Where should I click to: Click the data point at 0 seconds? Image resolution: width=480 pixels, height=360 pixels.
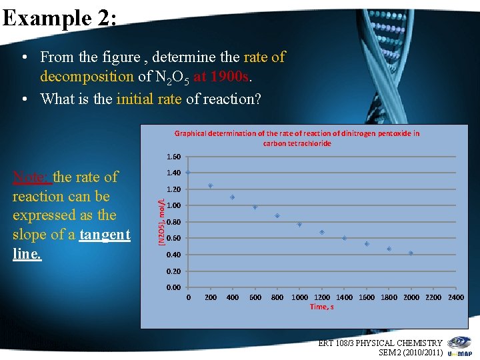[188, 172]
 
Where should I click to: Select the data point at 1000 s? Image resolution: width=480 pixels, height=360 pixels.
[299, 224]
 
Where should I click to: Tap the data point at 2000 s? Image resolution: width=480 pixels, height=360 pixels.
[411, 253]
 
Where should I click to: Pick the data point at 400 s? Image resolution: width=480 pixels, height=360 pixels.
[232, 197]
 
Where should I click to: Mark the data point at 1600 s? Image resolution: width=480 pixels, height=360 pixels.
[367, 244]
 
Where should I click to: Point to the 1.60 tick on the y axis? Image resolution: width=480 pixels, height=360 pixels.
[173, 157]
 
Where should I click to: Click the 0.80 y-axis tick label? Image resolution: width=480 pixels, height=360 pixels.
[173, 222]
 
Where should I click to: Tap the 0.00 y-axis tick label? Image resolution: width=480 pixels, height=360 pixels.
[173, 287]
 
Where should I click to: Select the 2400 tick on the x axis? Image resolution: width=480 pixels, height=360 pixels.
[456, 297]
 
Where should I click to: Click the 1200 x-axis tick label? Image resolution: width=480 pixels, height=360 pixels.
[322, 297]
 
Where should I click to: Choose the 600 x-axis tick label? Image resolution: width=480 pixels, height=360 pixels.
[255, 297]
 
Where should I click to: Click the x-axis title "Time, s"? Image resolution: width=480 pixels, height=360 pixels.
[322, 307]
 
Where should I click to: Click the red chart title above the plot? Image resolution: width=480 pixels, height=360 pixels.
[297, 138]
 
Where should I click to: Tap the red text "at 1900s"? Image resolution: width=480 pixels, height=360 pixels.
[220, 77]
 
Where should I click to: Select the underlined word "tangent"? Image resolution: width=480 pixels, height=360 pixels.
[105, 235]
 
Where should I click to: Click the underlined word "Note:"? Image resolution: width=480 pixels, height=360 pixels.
[31, 177]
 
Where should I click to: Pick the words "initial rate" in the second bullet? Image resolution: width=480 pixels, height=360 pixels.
[149, 99]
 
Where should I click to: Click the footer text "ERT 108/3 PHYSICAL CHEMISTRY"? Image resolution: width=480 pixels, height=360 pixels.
[380, 343]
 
